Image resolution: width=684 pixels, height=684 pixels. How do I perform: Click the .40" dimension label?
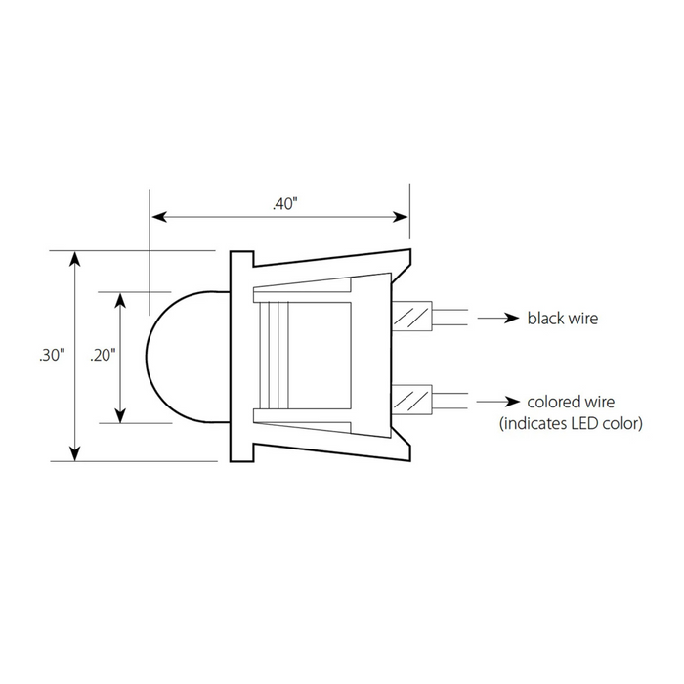[285, 203]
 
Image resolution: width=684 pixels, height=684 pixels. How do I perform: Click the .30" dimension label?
[52, 355]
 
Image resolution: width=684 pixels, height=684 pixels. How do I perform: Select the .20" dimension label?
[103, 355]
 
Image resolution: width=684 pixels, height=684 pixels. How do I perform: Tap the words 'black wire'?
[562, 318]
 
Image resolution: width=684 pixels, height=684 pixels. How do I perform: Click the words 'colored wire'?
[571, 402]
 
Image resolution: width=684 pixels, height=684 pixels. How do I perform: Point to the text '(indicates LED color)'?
[571, 423]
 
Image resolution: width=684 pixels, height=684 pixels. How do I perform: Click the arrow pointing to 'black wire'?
[498, 318]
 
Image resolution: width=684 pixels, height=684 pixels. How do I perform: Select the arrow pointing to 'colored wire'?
[498, 402]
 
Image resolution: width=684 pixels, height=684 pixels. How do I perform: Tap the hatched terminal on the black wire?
[411, 317]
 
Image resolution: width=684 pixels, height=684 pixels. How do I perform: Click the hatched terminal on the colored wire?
[411, 400]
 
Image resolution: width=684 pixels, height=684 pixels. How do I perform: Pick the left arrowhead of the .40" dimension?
[158, 216]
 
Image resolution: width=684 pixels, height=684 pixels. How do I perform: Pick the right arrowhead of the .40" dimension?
[401, 216]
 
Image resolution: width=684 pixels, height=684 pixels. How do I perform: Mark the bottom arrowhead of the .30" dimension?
[75, 453]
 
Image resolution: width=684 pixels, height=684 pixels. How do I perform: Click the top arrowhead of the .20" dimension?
[121, 301]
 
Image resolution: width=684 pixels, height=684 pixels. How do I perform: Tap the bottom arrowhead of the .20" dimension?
[121, 415]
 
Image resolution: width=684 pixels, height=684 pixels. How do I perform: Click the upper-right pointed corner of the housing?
[410, 249]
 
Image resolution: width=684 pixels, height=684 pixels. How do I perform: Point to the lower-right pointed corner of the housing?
[410, 460]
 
